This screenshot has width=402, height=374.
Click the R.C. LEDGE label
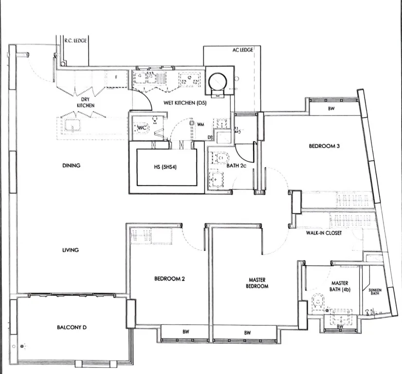point(75,40)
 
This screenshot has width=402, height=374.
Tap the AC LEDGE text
point(243,50)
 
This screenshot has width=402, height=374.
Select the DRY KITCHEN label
point(86,102)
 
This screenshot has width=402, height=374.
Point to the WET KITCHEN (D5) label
point(185,103)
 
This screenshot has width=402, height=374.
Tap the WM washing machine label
point(201,124)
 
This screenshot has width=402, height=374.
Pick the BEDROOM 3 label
point(324,146)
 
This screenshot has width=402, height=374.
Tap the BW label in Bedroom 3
point(331,109)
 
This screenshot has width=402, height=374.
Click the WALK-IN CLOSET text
point(324,233)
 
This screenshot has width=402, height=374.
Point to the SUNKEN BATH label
point(375,292)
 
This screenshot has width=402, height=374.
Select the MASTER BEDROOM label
point(257,283)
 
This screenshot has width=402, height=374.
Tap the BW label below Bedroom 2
point(186,332)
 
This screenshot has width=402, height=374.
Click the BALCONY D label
point(72,327)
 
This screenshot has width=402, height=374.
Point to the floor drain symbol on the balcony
point(22,346)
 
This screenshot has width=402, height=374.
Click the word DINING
point(71,166)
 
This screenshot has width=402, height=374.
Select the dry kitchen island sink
point(73,126)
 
